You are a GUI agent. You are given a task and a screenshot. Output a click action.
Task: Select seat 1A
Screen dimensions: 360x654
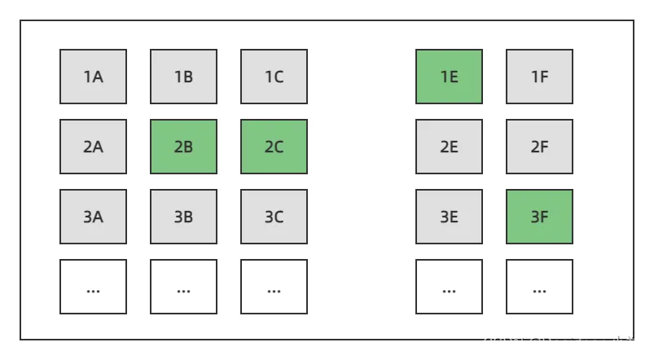point(93,77)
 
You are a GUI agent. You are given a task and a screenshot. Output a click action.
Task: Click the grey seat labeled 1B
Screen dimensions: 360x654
point(183,77)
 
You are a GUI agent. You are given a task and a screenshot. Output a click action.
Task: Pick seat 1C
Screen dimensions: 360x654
point(274,77)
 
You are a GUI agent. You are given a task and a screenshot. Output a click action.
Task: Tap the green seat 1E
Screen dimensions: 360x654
point(449,77)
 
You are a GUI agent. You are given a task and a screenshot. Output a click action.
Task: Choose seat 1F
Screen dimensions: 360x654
point(539,77)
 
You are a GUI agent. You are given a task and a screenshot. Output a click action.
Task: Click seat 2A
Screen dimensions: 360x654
point(93,147)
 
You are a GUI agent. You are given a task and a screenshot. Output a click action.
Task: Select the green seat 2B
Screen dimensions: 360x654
point(183,147)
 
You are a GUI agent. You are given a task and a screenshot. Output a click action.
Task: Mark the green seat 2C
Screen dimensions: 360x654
point(274,147)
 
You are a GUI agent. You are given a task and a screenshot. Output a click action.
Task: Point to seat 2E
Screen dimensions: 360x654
point(449,147)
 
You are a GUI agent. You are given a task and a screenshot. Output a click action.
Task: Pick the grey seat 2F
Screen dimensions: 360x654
point(539,147)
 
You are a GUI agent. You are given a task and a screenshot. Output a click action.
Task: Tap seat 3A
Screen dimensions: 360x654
point(93,217)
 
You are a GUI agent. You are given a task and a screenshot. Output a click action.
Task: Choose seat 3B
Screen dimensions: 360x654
point(183,217)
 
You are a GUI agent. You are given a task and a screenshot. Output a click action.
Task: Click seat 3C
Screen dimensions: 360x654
point(274,217)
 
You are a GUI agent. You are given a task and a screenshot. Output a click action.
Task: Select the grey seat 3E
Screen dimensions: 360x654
point(449,217)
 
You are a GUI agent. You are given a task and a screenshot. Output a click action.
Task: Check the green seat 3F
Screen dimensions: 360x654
point(539,217)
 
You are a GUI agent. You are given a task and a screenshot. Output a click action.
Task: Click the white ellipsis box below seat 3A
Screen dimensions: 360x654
point(93,287)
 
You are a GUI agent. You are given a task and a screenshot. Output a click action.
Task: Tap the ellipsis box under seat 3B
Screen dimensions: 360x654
point(183,287)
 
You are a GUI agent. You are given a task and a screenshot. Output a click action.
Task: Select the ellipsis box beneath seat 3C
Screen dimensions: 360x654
point(274,287)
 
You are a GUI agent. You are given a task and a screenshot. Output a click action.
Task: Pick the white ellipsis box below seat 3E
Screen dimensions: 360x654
point(449,287)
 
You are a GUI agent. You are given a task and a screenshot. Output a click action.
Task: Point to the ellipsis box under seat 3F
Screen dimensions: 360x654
point(539,287)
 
